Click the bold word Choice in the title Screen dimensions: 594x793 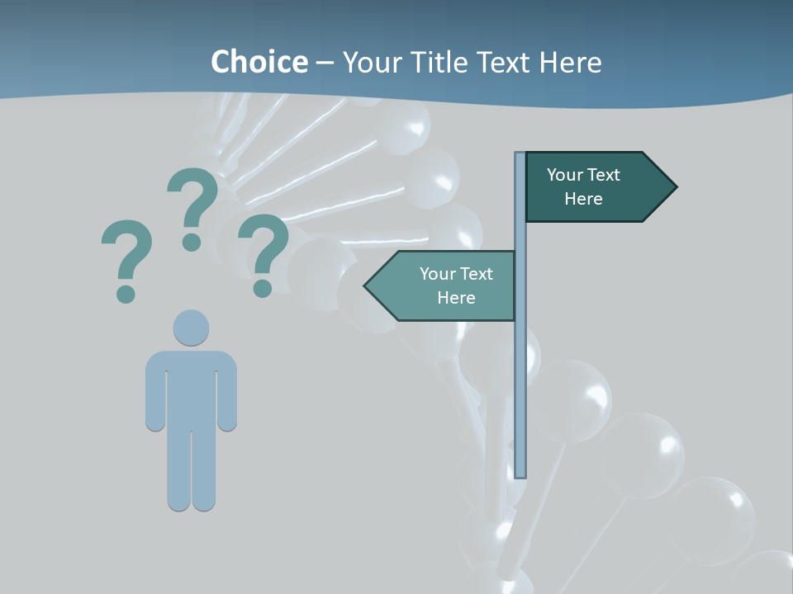259,62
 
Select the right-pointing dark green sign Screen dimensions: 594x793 595,187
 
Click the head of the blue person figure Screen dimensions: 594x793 191,328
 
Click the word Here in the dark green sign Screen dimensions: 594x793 583,199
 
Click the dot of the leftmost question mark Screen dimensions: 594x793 126,293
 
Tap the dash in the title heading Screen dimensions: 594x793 325,63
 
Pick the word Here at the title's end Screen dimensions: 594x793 571,62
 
